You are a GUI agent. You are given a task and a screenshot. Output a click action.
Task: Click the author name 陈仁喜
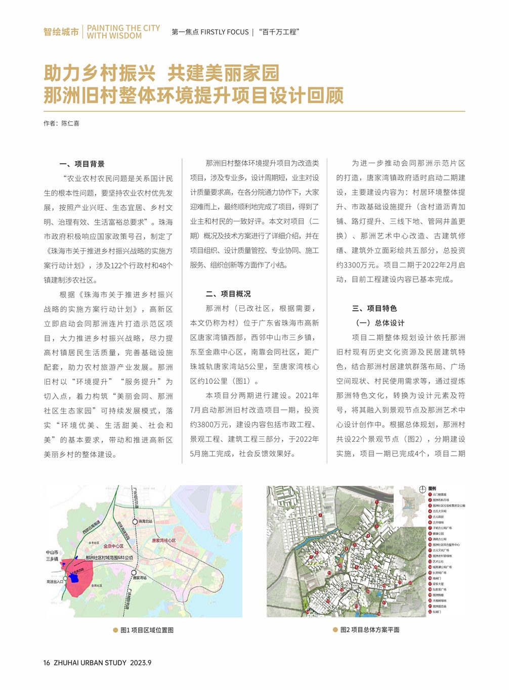(x=70, y=123)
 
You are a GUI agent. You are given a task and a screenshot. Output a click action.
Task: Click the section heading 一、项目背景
(x=82, y=164)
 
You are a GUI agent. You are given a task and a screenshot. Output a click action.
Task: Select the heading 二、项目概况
(x=228, y=294)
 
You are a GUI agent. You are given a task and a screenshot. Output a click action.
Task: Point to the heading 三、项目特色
(x=374, y=308)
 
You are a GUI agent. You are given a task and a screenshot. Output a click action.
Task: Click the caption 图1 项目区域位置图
(x=147, y=630)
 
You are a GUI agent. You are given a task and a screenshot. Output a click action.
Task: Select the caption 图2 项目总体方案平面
(x=370, y=630)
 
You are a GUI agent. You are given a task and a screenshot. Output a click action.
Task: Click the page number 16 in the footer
(x=47, y=663)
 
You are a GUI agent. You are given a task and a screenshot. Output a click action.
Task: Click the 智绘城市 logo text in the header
(x=61, y=32)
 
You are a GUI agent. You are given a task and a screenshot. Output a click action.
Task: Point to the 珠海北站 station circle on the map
(x=135, y=521)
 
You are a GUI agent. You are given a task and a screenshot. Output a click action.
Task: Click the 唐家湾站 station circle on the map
(x=130, y=573)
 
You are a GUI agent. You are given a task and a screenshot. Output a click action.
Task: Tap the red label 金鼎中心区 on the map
(x=113, y=546)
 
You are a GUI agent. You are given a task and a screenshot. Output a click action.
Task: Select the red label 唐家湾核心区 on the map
(x=163, y=540)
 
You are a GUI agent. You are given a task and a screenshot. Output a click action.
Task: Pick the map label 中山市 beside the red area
(x=52, y=553)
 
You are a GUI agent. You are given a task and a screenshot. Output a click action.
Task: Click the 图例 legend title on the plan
(x=432, y=489)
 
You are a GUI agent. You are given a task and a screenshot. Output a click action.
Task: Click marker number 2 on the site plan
(x=320, y=515)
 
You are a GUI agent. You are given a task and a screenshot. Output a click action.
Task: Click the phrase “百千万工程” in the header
(x=279, y=32)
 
